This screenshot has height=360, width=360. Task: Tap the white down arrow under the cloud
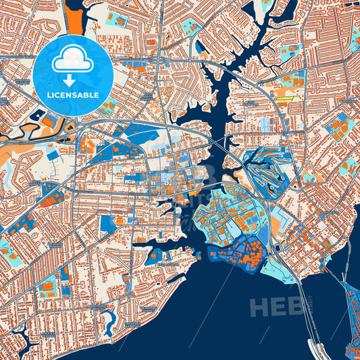coord(72,80)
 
